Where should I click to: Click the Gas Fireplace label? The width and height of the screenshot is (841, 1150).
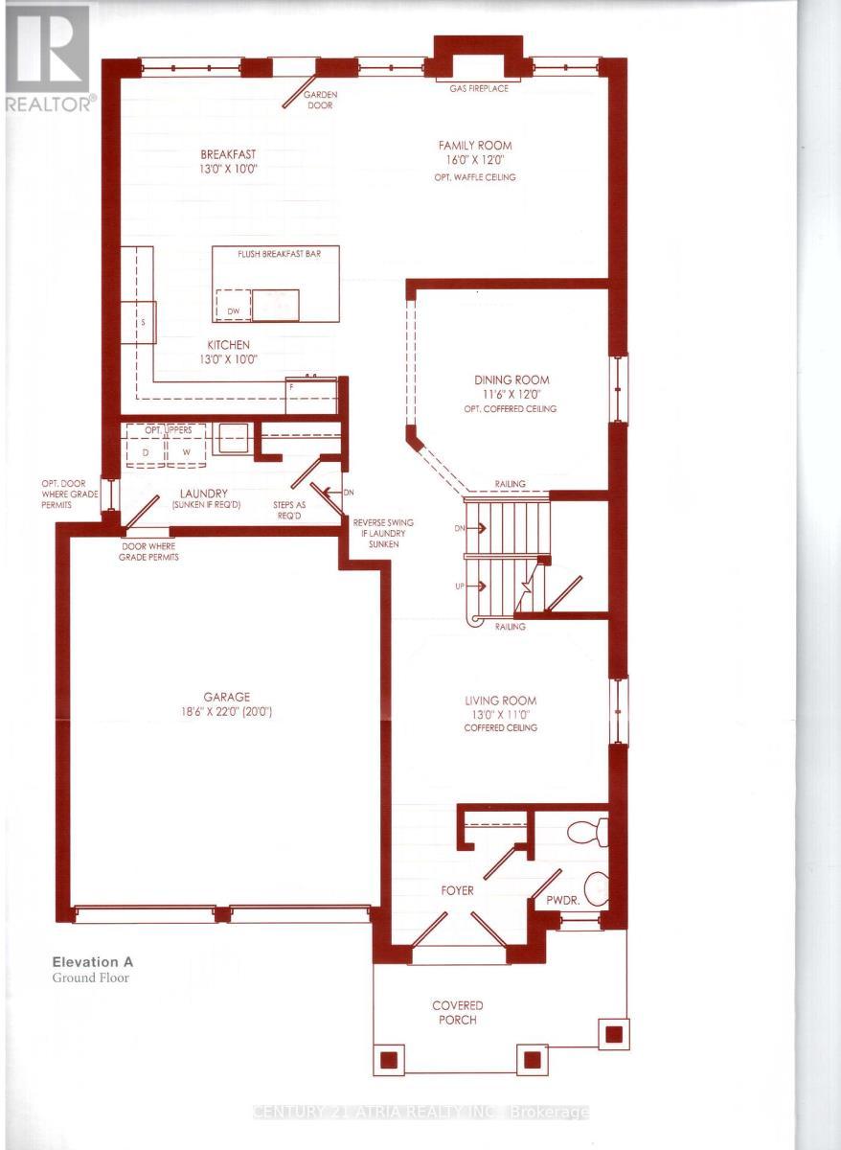[478, 88]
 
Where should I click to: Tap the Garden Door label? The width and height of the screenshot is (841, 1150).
[319, 101]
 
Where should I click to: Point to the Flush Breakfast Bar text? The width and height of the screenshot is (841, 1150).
[277, 256]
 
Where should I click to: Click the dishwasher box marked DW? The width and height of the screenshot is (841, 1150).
[233, 311]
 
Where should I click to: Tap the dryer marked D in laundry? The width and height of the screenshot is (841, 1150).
[146, 451]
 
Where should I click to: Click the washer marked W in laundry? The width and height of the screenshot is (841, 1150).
[187, 451]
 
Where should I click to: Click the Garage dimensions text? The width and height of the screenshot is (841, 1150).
[228, 712]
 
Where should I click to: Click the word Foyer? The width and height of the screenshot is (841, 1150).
[458, 890]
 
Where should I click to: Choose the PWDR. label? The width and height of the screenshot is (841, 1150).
[561, 902]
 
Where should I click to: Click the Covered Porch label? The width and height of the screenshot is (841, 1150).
[457, 1012]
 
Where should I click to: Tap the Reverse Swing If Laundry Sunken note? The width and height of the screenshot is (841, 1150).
[383, 533]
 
